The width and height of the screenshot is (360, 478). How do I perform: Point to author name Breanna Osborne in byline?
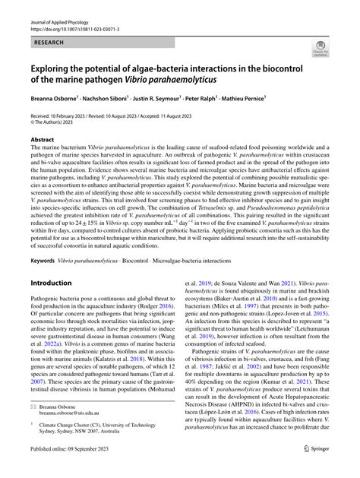(x=57, y=100)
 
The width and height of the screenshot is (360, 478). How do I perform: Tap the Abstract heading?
(x=43, y=140)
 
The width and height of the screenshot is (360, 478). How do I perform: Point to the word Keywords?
(x=43, y=239)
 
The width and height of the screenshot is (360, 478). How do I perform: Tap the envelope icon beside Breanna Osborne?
(x=33, y=407)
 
